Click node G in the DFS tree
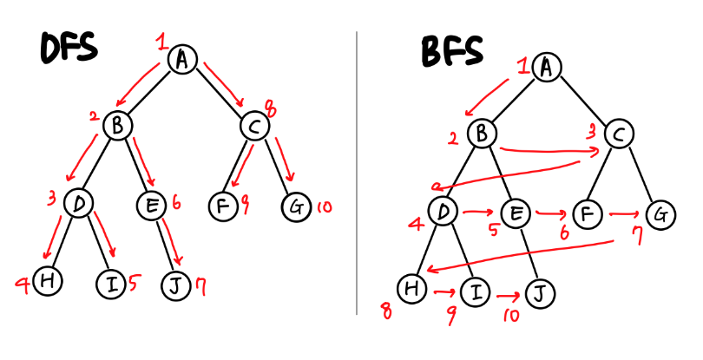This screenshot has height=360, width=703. pyautogui.click(x=296, y=207)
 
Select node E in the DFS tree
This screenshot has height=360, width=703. pyautogui.click(x=150, y=204)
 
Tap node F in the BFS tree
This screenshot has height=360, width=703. pyautogui.click(x=588, y=213)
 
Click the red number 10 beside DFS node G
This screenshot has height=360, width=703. pyautogui.click(x=324, y=206)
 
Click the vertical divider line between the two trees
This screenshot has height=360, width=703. pyautogui.click(x=357, y=173)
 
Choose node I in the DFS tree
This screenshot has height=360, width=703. pyautogui.click(x=111, y=284)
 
